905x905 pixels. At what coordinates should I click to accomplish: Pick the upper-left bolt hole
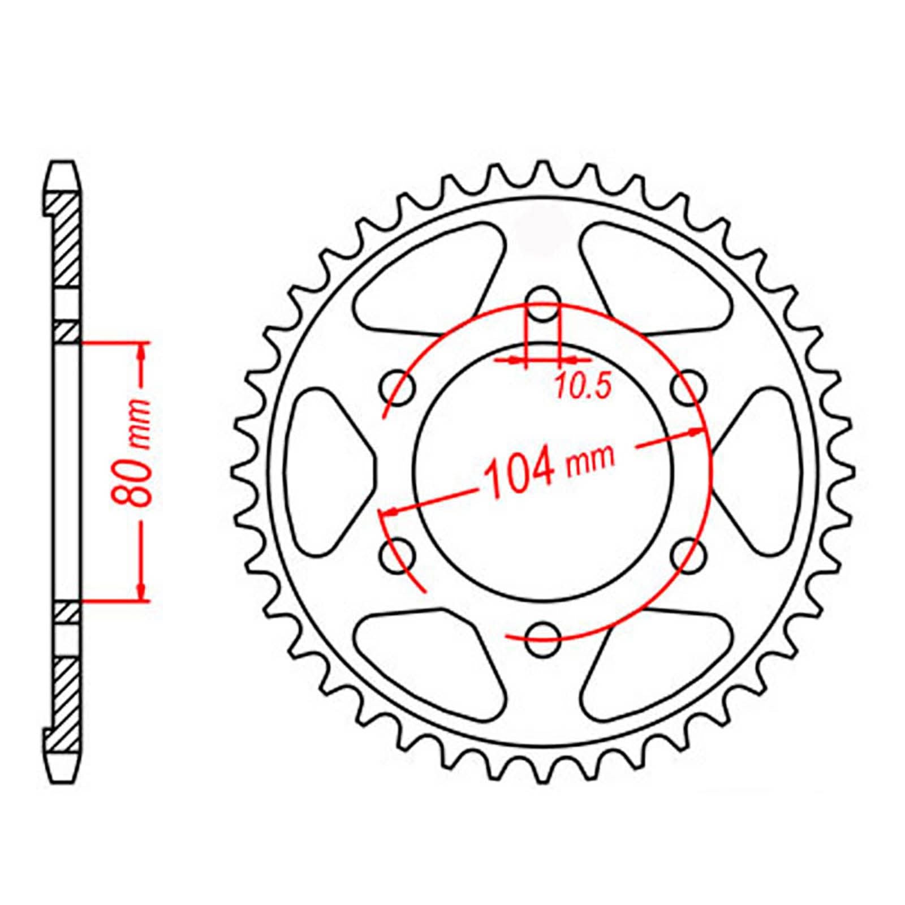(x=398, y=389)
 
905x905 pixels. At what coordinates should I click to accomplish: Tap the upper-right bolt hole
(x=688, y=389)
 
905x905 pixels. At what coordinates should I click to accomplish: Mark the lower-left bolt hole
(x=398, y=556)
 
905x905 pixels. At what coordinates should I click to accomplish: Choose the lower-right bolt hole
(x=688, y=556)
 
